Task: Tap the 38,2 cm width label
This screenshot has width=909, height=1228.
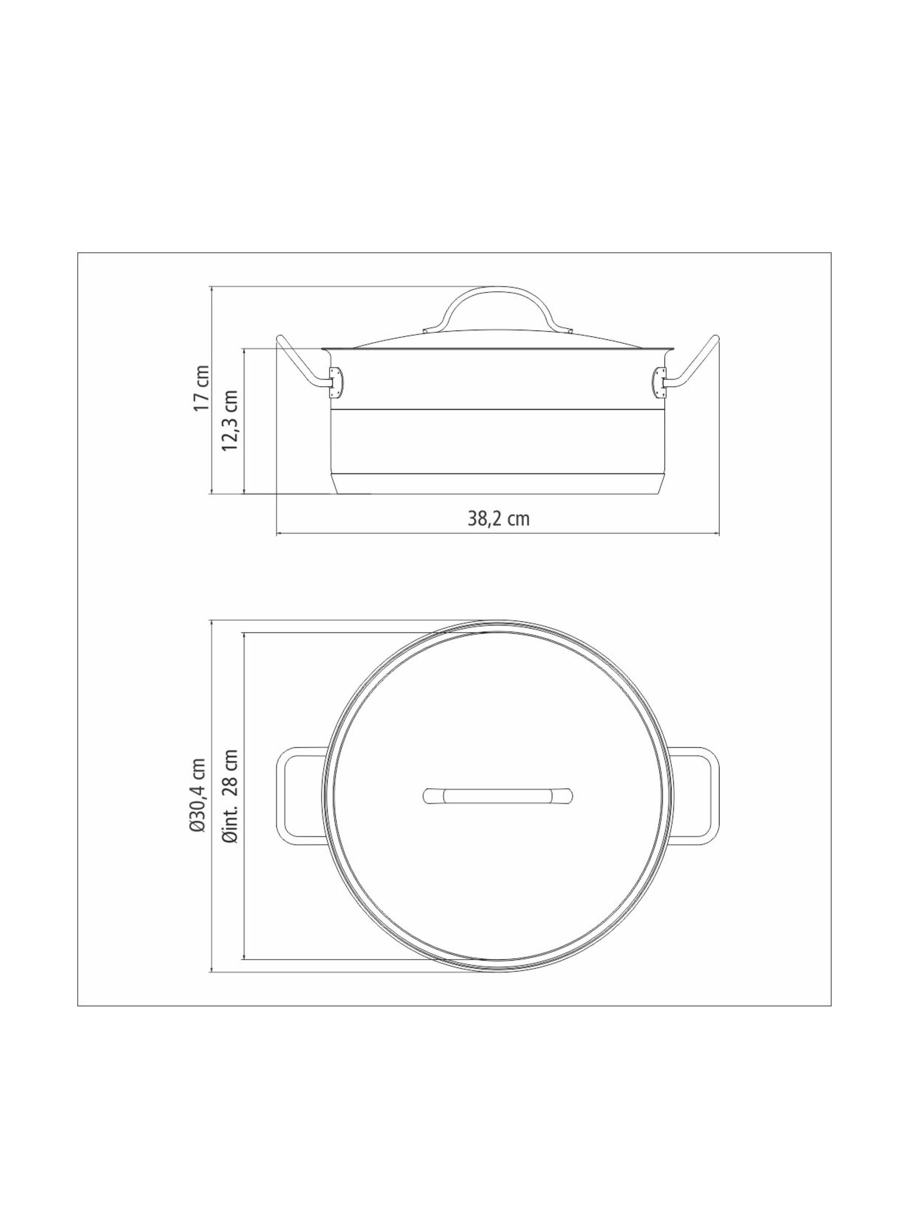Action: [x=498, y=518]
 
